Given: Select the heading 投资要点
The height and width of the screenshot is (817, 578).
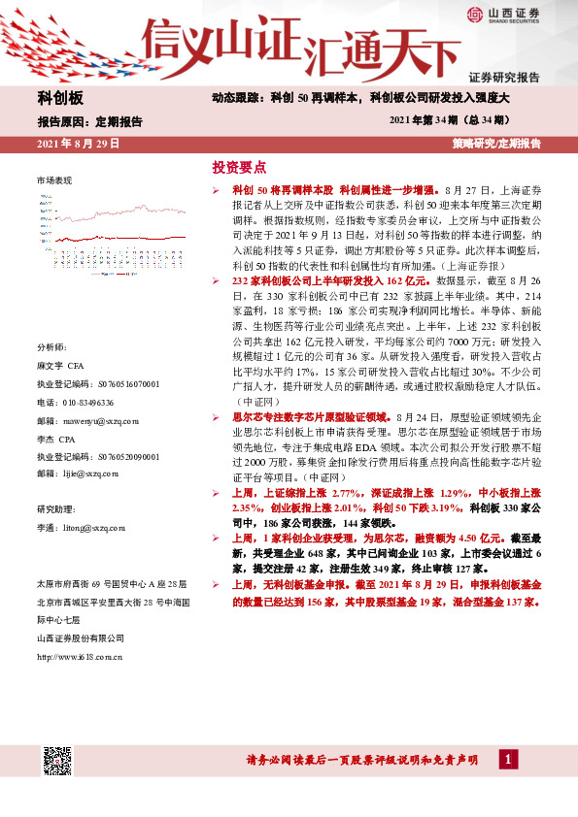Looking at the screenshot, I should point(239,167).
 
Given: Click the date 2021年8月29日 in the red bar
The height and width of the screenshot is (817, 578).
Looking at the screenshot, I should point(78,143).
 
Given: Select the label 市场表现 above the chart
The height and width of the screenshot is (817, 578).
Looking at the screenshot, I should point(54,180).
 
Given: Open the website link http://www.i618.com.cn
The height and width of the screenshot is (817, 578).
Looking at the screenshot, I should point(80,657).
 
